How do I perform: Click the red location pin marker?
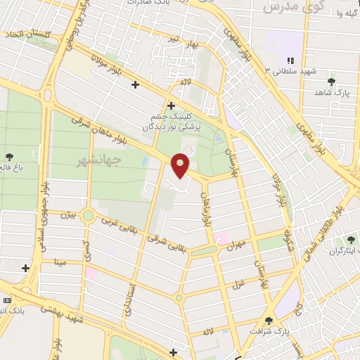pos(181,165)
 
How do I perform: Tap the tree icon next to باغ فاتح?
pos(8,156)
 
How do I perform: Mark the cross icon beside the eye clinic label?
pos(171,105)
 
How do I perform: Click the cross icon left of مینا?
pos(26,267)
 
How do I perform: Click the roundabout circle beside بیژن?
pos(88,215)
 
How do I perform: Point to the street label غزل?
pos(238,283)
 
